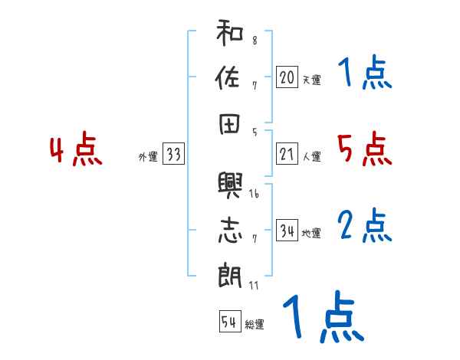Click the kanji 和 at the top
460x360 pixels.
230,35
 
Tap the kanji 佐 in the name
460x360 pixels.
230,79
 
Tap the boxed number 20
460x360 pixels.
287,77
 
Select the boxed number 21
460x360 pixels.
287,155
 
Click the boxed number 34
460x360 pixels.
287,231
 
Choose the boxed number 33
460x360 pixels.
173,155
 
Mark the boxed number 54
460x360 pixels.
229,322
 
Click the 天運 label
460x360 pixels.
311,80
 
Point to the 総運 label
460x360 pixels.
254,325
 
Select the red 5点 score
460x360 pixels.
364,149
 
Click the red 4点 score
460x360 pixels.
76,150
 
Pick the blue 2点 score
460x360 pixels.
364,225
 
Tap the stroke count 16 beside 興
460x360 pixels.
254,195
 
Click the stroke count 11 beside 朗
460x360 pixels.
254,286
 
